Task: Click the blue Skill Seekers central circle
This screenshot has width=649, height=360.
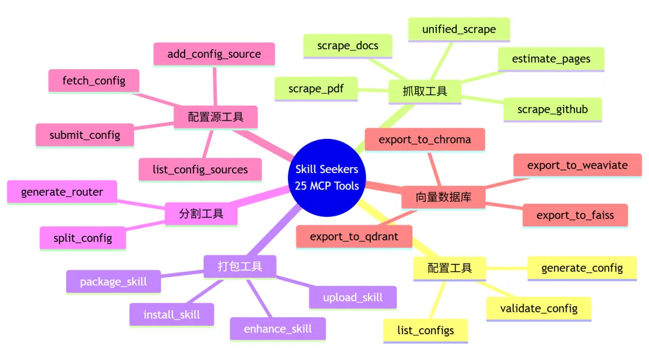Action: pos(327,177)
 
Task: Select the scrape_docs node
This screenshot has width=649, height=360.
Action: pos(347,46)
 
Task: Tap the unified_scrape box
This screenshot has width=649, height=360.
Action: pos(459,29)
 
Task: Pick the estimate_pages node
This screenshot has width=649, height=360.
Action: pos(550,59)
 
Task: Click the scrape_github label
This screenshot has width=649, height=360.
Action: pos(552,109)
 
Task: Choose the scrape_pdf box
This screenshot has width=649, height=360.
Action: pos(316,89)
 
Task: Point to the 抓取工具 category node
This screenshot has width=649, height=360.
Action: pos(424,91)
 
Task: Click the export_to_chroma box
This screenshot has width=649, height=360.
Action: pos(424,139)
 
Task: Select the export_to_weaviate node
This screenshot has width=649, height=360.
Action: pos(577,165)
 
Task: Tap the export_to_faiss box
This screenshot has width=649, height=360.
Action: pos(574,215)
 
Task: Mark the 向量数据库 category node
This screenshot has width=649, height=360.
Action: pos(443,197)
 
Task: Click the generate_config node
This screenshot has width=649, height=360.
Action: pos(581,267)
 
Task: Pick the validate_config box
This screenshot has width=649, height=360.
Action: pos(538,308)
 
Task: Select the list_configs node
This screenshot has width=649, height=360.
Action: pos(425,330)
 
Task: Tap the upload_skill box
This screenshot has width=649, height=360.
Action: pos(352,297)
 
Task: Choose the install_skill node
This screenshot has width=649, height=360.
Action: pos(171,314)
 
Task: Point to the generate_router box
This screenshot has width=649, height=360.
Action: pos(62,192)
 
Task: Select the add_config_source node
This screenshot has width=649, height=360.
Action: pos(214,54)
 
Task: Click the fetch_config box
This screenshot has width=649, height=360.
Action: pos(94,81)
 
